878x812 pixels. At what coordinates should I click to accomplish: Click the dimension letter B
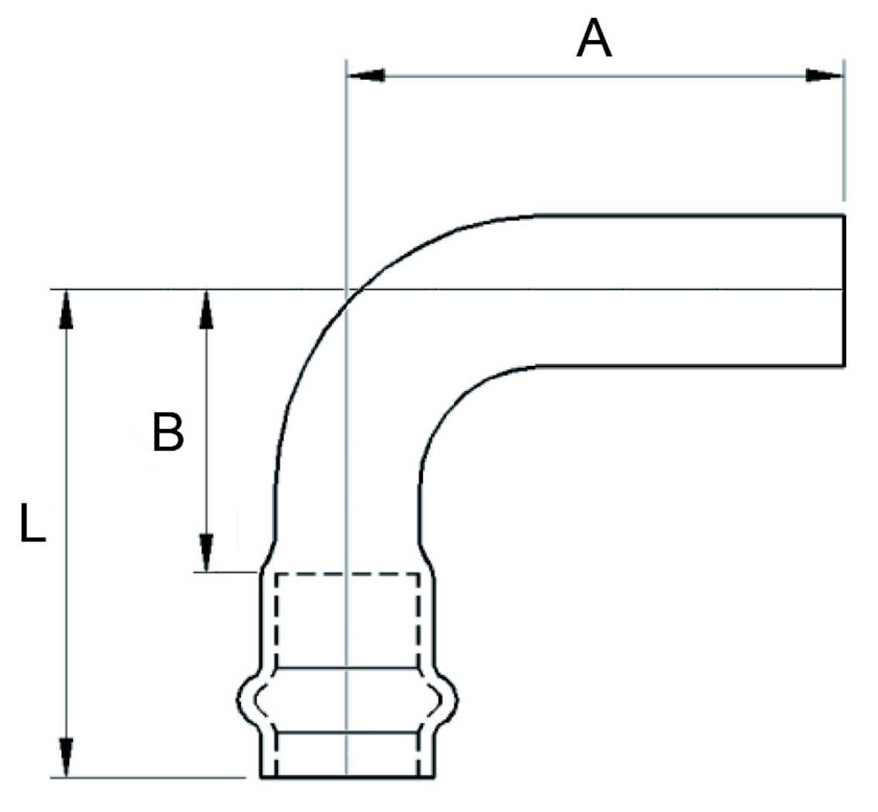click(168, 432)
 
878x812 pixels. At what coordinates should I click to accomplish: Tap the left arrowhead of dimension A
click(367, 75)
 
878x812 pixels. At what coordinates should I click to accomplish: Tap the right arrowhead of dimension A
click(824, 75)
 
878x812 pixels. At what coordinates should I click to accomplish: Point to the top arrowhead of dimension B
click(207, 308)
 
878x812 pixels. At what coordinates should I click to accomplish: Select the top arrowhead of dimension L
click(67, 308)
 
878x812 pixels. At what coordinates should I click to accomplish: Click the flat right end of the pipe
click(845, 290)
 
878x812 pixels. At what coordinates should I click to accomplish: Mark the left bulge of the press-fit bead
click(242, 700)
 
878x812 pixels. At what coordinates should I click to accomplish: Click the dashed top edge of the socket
click(346, 574)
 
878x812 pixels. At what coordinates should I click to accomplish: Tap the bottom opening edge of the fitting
click(346, 778)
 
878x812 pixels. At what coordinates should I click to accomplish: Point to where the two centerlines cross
click(346, 289)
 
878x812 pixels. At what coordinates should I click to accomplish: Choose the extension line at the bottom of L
click(149, 778)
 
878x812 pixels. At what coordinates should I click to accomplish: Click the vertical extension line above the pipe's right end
click(844, 134)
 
